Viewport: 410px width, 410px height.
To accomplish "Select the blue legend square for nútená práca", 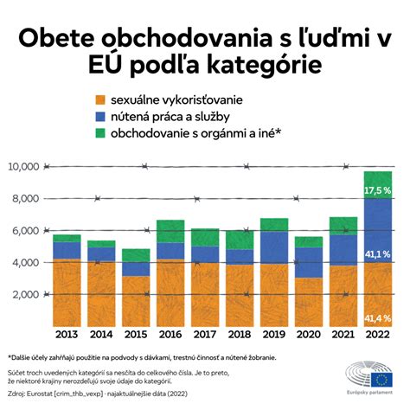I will (102, 117).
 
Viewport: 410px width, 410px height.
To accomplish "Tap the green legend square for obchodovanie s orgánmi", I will (102, 134).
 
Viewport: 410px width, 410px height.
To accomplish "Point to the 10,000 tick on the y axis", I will (22, 166).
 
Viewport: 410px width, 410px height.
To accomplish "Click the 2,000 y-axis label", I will (24, 294).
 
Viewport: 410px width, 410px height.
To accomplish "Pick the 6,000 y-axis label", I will (24, 230).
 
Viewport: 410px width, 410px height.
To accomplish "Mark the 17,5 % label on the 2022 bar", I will (377, 189).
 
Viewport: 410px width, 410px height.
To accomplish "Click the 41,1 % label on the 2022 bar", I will (377, 254).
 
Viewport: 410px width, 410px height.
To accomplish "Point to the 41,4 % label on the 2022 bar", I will (377, 318).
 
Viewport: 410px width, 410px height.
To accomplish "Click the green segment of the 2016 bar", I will (170, 231).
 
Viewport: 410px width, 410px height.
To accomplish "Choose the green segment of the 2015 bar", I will (136, 255).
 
